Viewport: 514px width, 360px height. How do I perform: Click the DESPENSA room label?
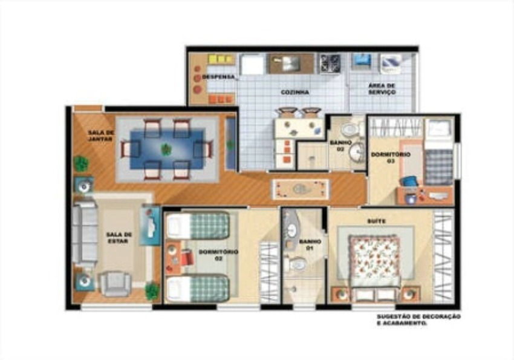pos(219,77)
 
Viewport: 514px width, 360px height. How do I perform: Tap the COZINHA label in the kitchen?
pos(294,92)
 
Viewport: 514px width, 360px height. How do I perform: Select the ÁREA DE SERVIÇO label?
pos(382,89)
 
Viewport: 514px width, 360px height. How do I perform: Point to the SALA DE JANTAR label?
pos(101,136)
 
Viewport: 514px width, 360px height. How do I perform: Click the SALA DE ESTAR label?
pos(119,238)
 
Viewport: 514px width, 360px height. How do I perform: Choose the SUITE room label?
pos(377,221)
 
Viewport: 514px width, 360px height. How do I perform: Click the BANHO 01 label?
pos(310,244)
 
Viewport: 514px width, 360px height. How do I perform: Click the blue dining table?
pos(167,150)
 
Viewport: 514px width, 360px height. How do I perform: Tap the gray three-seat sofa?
pos(85,234)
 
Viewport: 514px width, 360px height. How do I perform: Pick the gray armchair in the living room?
pos(115,284)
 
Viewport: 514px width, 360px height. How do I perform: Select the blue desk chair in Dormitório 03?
pos(409,182)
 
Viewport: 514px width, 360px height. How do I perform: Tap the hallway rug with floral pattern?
pos(301,189)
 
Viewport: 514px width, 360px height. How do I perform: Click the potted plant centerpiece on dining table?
pos(166,149)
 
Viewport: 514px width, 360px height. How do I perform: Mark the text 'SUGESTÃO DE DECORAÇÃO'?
pos(418,316)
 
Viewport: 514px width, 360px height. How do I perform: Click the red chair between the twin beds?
pos(187,257)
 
